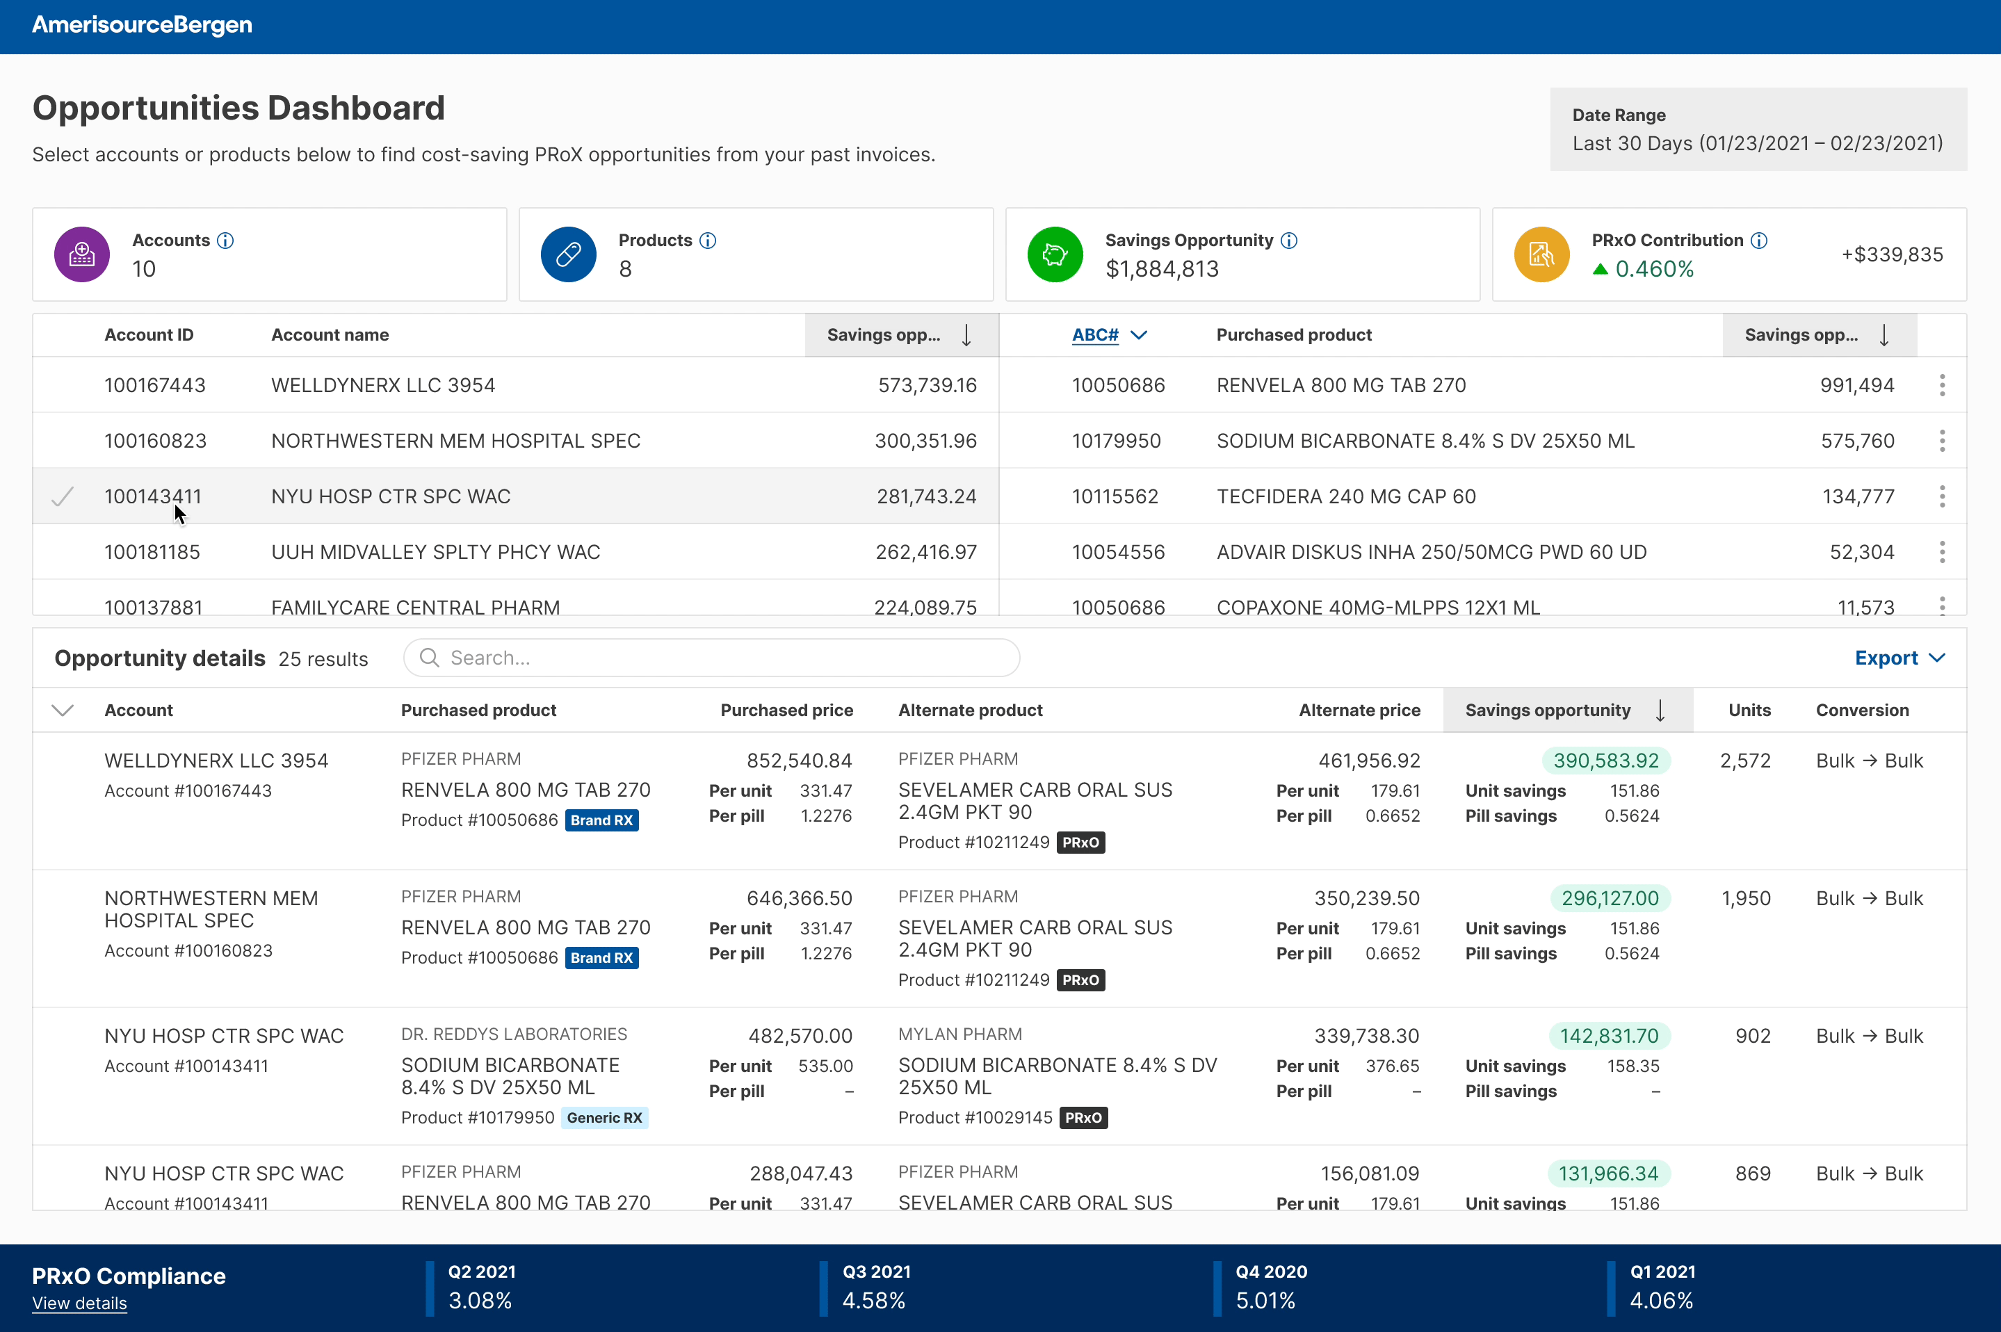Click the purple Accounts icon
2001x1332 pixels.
81,254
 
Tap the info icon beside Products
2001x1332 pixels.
708,241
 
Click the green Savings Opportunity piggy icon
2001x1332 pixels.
1054,254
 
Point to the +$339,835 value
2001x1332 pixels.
1891,255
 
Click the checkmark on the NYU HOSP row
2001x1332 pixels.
63,496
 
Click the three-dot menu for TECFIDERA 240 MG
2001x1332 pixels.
1941,496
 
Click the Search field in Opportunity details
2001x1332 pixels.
712,658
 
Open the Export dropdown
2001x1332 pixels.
1899,658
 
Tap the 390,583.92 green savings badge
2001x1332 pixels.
1605,761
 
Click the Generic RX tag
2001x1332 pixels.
604,1117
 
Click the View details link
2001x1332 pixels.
79,1303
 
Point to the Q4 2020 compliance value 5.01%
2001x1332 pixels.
1265,1301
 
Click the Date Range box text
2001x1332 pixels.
1756,130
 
